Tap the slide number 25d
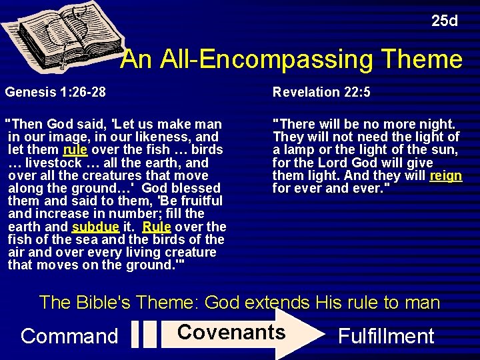coord(444,21)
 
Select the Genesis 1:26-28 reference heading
coord(55,92)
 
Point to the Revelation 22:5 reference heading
coord(321,92)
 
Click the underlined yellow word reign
coord(446,175)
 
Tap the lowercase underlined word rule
coord(75,149)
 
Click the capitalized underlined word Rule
coord(156,227)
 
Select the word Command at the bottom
coord(69,335)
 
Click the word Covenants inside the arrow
coord(231,332)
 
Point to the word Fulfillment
coord(386,335)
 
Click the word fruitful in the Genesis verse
coord(199,201)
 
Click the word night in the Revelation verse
coord(436,124)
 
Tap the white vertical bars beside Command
coord(143,334)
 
